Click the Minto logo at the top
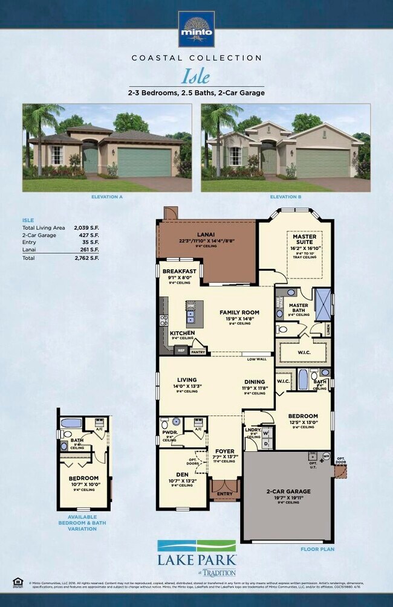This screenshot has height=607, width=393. click(196, 28)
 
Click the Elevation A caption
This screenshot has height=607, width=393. click(106, 197)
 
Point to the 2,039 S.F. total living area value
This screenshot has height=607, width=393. click(86, 228)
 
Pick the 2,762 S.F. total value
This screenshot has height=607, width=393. click(86, 257)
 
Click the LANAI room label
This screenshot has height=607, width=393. click(206, 234)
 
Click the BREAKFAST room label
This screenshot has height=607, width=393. click(180, 272)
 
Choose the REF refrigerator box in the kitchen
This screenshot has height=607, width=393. click(180, 350)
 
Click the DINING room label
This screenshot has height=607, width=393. click(254, 382)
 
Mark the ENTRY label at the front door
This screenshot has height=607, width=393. click(224, 493)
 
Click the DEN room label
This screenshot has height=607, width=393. click(182, 474)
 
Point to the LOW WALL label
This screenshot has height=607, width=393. click(256, 359)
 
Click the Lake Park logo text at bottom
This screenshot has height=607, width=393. click(197, 560)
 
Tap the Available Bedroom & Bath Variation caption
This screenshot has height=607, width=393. click(82, 523)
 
